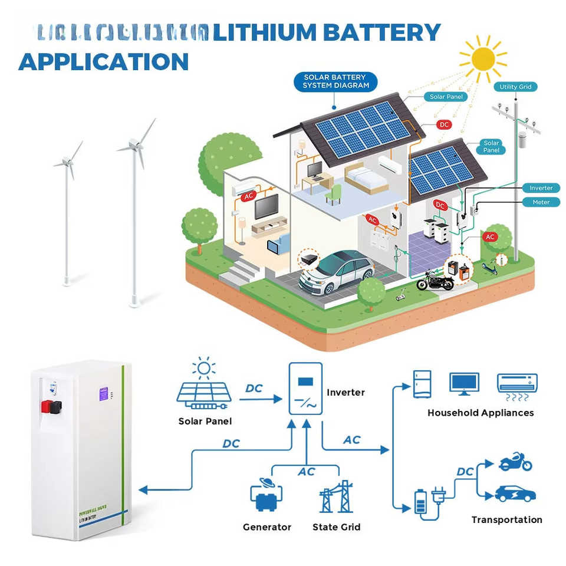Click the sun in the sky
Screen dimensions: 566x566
click(483, 58)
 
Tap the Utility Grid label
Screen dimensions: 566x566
click(515, 87)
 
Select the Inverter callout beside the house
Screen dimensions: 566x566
click(541, 188)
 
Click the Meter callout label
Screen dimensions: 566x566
click(541, 202)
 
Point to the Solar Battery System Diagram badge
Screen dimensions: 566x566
click(335, 81)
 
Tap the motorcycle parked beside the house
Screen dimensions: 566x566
click(435, 281)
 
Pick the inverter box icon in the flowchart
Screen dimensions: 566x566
click(305, 389)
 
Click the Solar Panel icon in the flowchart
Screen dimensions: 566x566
click(204, 391)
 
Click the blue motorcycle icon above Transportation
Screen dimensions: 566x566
click(515, 462)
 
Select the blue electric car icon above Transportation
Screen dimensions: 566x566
click(515, 493)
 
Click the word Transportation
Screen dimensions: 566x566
click(506, 519)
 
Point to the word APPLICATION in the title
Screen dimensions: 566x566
click(104, 61)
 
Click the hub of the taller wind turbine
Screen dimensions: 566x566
click(134, 143)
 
